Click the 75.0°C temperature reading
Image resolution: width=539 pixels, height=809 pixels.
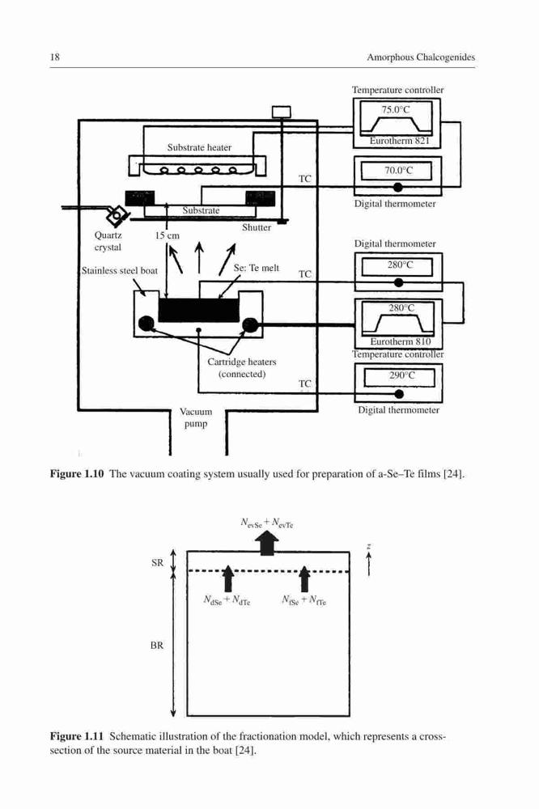[396, 109]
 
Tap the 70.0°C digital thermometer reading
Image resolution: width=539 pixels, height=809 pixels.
[398, 170]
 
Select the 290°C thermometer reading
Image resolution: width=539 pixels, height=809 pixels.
[401, 375]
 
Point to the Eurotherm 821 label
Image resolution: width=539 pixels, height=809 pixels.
[399, 141]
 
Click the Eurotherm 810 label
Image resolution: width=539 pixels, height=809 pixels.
[400, 341]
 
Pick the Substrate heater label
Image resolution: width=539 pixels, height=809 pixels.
[199, 147]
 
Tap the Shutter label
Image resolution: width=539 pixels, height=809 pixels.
[257, 227]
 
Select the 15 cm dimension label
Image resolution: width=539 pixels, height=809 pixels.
[168, 235]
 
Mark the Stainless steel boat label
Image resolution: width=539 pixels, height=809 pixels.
[120, 271]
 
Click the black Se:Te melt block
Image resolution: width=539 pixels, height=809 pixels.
[199, 310]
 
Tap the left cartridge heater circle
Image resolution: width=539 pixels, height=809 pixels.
[146, 324]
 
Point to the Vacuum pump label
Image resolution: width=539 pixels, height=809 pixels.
[196, 418]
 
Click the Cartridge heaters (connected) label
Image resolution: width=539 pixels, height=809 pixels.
[242, 368]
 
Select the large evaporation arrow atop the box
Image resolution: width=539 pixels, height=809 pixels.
[267, 544]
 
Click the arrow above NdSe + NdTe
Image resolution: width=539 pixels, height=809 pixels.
[227, 578]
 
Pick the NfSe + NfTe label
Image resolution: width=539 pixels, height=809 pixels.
[304, 600]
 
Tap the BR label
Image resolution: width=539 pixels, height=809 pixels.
[157, 646]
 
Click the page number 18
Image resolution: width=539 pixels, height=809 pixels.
[55, 57]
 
